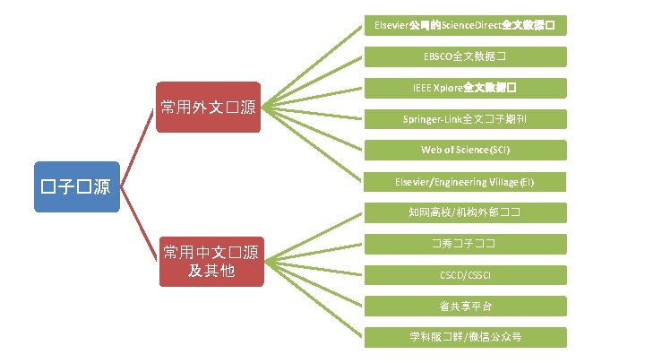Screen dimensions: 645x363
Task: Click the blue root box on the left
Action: (75, 187)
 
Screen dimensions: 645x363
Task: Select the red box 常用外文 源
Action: (207, 108)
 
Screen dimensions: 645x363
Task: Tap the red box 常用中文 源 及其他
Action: (211, 261)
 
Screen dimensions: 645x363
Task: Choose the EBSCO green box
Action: (466, 56)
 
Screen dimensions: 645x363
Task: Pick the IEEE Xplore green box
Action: (466, 89)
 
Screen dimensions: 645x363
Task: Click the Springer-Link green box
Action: (466, 119)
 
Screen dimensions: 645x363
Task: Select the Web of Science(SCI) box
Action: (466, 150)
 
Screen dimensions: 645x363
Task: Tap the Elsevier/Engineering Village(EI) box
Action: (466, 182)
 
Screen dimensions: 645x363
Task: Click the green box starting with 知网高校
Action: (466, 212)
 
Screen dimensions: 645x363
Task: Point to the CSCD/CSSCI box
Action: (466, 275)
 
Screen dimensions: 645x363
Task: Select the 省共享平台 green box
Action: (466, 307)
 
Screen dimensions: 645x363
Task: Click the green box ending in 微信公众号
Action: (466, 337)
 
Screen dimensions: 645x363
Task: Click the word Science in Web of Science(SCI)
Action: (474, 150)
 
